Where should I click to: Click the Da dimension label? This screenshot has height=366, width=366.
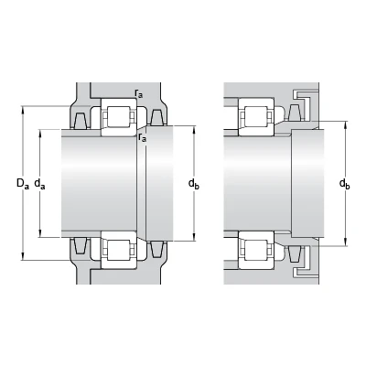pos(23,184)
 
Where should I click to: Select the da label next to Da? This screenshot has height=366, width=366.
pos(39,184)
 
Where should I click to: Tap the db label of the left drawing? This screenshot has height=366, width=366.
pos(194,184)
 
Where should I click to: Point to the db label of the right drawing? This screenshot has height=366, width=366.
pos(345,184)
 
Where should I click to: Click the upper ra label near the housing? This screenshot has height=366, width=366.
pos(139,93)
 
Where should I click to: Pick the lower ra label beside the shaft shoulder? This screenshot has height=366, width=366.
pos(142,137)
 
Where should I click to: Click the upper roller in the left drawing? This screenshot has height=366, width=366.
pos(119,116)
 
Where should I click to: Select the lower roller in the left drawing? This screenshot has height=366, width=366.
pos(119,250)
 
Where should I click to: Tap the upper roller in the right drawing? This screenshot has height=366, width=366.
pos(256,116)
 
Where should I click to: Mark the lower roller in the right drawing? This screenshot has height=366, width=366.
pos(256,250)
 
